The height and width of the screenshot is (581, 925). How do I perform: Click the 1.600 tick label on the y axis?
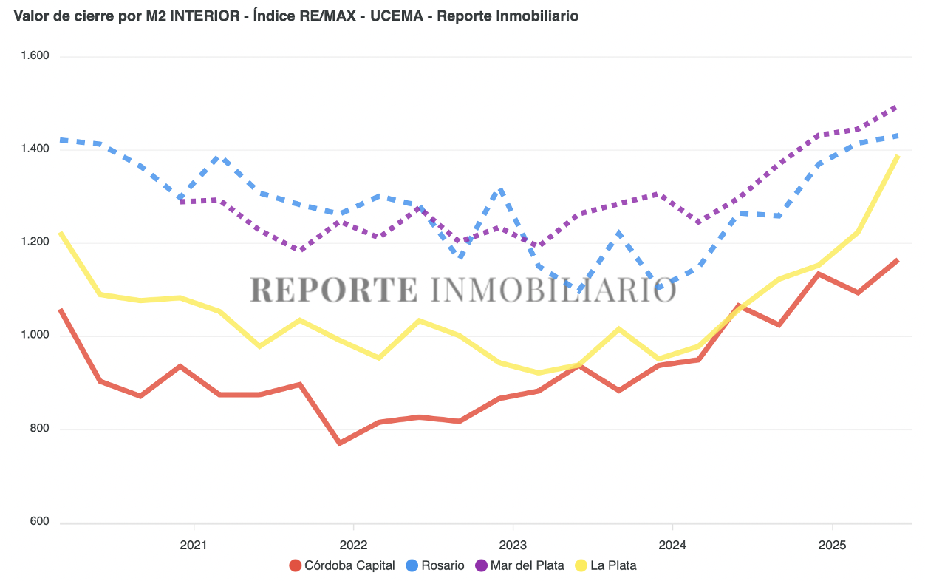34,56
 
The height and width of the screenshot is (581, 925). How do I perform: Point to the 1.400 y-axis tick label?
34,149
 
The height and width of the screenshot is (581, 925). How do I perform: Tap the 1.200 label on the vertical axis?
34,242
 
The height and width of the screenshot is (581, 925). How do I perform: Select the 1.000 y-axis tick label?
34,335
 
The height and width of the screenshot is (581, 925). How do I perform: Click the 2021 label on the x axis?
194,545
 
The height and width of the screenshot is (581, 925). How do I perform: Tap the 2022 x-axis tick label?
353,545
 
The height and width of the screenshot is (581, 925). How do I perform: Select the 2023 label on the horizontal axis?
513,545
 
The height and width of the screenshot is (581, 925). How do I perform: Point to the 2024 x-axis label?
672,545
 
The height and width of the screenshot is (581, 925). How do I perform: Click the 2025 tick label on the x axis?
833,545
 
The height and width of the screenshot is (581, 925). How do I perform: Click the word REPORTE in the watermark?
334,289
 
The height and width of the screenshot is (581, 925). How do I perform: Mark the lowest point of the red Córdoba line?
340,444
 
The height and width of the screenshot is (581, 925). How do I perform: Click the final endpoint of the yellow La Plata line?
898,156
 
